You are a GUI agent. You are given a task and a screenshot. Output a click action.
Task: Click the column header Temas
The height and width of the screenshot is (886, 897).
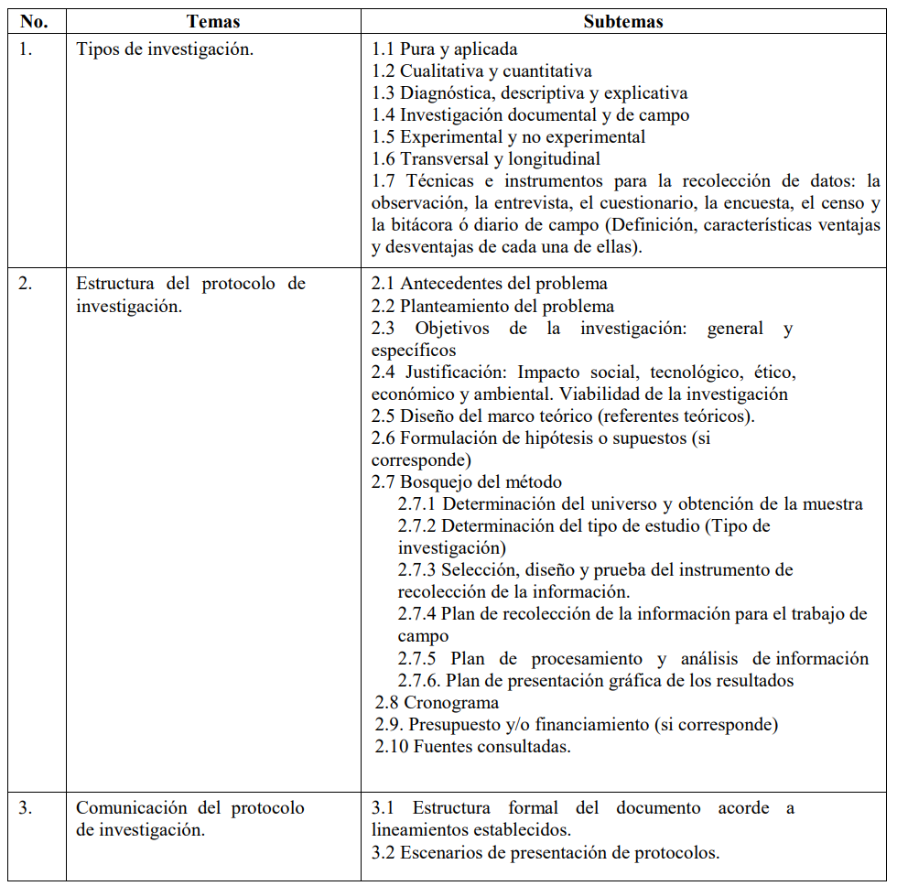pos(212,21)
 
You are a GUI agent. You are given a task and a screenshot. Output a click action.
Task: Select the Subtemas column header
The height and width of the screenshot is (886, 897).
pos(623,21)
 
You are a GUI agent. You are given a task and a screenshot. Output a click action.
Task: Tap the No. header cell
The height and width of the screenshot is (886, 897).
pos(34,21)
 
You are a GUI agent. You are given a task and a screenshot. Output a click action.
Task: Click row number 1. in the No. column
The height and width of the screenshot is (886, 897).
pos(26,49)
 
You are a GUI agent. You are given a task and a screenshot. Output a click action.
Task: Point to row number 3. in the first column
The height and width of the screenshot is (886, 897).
pos(26,808)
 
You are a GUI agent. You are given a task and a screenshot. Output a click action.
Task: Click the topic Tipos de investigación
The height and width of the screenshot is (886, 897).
pos(165,49)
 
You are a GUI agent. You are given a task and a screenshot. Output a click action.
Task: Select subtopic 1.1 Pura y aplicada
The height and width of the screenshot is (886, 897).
pos(445,49)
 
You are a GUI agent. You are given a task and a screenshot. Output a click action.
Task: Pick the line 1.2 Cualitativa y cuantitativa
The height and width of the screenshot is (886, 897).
pos(481,71)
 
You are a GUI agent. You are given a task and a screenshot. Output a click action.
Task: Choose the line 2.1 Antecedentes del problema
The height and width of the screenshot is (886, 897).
pos(490,284)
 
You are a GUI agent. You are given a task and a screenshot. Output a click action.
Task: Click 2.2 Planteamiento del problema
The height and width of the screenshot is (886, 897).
pos(492,306)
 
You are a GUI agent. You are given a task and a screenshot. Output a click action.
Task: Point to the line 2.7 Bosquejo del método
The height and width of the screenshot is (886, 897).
pos(467,482)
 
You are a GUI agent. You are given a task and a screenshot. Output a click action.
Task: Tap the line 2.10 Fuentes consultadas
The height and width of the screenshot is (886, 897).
pos(473,747)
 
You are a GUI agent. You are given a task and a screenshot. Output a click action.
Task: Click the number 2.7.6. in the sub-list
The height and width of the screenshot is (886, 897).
pos(420,681)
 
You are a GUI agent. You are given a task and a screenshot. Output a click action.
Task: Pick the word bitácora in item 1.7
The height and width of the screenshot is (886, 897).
pos(430,225)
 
